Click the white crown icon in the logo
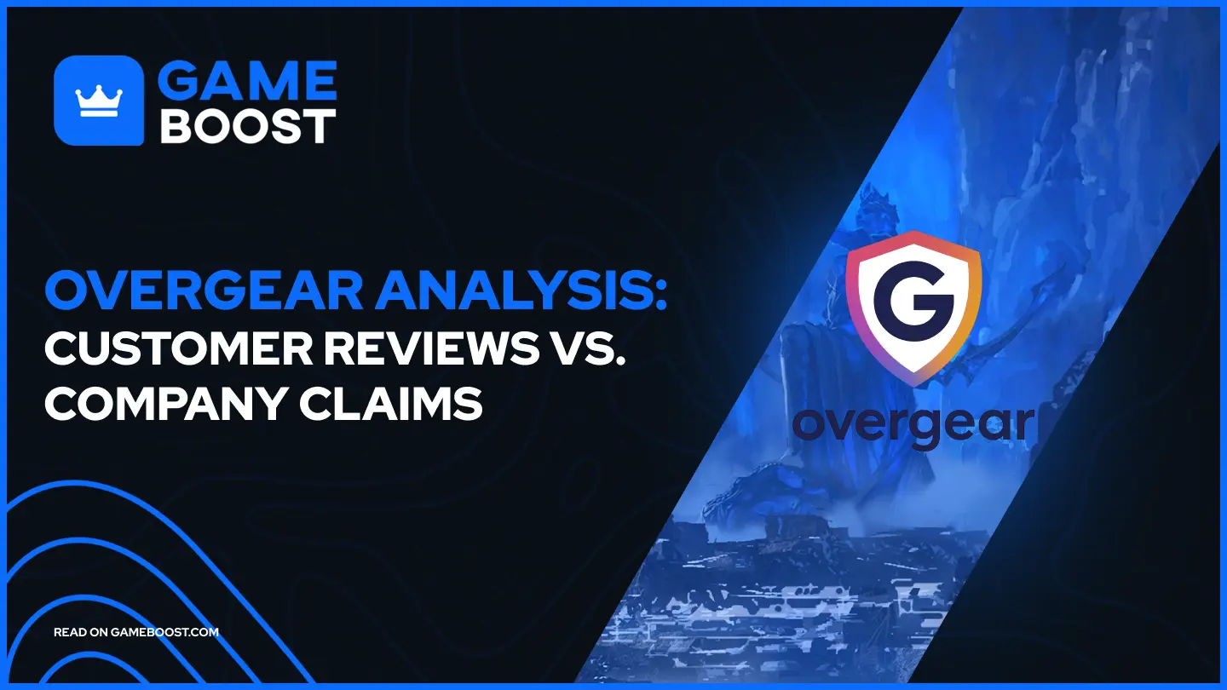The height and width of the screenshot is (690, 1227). pyautogui.click(x=99, y=101)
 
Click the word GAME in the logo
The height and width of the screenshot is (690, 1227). pyautogui.click(x=248, y=82)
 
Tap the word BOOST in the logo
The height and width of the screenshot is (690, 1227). pyautogui.click(x=248, y=126)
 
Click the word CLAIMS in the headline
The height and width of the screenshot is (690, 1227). pyautogui.click(x=412, y=405)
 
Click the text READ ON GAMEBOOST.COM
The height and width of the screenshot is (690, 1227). pyautogui.click(x=136, y=632)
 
